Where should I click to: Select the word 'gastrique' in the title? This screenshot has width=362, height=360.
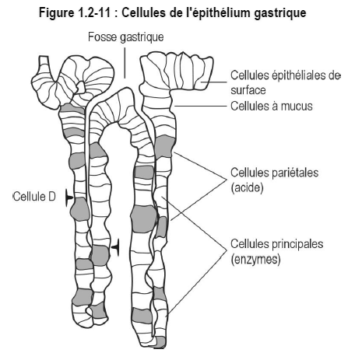[279, 13]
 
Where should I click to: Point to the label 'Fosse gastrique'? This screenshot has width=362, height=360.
[126, 37]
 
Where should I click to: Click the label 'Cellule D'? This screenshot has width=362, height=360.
[34, 197]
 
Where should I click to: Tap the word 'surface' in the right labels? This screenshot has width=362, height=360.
[248, 90]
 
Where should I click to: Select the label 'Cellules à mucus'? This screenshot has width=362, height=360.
[272, 106]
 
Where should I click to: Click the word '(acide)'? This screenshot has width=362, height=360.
[247, 187]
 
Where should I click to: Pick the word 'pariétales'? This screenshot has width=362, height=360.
[296, 173]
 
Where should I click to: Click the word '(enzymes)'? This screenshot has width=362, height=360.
[255, 259]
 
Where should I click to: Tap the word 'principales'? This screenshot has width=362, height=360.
[298, 244]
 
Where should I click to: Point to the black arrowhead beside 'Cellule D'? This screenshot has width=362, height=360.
[69, 197]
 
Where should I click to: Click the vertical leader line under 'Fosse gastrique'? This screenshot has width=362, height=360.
[125, 63]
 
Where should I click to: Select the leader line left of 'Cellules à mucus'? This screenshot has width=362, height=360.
[201, 106]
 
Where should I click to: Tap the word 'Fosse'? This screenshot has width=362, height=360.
[103, 37]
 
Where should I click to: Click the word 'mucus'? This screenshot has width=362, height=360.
[297, 107]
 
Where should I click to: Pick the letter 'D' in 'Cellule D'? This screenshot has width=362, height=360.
[52, 197]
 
